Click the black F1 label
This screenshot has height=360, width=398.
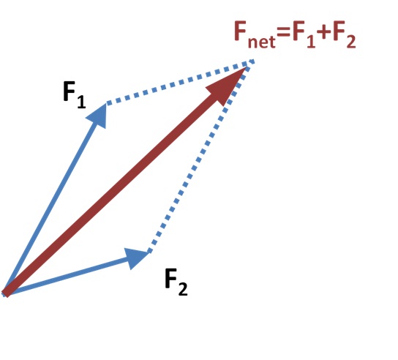pyautogui.click(x=74, y=95)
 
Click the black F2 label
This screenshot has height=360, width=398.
pyautogui.click(x=176, y=282)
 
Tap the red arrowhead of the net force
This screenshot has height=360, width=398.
pyautogui.click(x=228, y=85)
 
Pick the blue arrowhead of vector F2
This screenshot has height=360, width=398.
pyautogui.click(x=136, y=258)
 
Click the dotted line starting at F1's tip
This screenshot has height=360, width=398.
pyautogui.click(x=180, y=82)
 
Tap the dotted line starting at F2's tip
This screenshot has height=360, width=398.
pyautogui.click(x=200, y=157)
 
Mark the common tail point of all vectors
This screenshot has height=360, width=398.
pyautogui.click(x=5, y=294)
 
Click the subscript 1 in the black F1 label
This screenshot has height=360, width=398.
pyautogui.click(x=81, y=102)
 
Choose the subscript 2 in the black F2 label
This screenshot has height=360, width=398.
pyautogui.click(x=183, y=289)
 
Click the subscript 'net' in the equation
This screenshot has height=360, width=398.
pyautogui.click(x=261, y=42)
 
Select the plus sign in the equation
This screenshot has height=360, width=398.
pyautogui.click(x=324, y=33)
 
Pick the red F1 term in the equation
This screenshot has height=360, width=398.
pyautogui.click(x=304, y=34)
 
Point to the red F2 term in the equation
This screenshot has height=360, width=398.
pyautogui.click(x=345, y=34)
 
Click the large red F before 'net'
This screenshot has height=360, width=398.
pyautogui.click(x=241, y=31)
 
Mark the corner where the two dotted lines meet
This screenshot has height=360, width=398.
pyautogui.click(x=252, y=62)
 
